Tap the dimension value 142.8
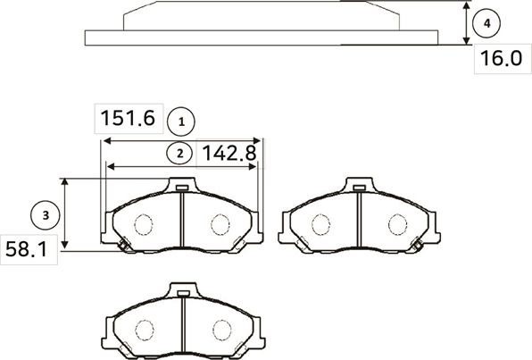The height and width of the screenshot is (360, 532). click(x=229, y=153)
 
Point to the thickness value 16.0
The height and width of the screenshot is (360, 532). click(x=501, y=59)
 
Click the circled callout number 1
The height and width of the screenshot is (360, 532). click(x=181, y=119)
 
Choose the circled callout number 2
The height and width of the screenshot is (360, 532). click(x=180, y=153)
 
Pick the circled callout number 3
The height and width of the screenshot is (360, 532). click(x=44, y=214)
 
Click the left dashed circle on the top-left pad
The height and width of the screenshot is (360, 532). click(x=143, y=224)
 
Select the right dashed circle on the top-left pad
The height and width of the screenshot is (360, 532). click(x=220, y=224)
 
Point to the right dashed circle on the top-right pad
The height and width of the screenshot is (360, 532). click(x=395, y=224)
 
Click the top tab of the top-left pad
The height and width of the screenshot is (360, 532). click(x=181, y=187)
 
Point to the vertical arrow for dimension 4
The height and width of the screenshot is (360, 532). click(x=467, y=23)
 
